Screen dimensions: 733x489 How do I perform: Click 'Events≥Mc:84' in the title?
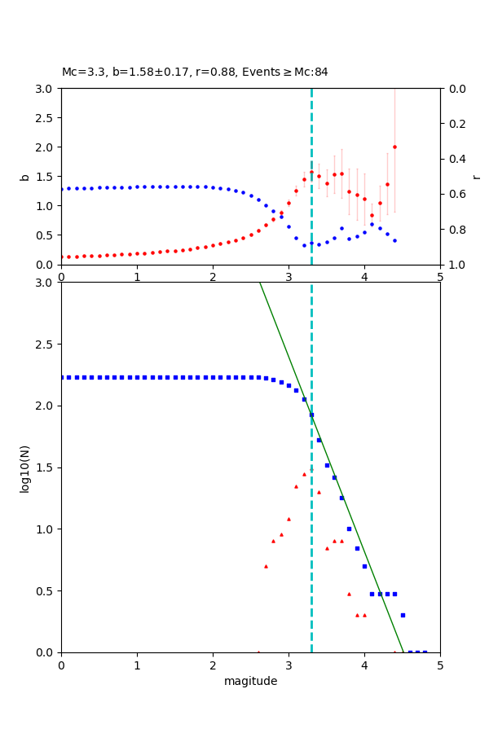coord(285,72)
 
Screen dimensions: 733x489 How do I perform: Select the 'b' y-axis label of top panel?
coord(25,177)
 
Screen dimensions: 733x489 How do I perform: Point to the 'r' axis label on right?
coord(476,177)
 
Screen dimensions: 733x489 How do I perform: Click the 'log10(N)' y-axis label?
coord(25,467)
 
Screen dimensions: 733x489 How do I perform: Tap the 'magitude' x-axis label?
coord(250,682)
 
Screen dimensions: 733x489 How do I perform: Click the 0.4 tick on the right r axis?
coord(456,159)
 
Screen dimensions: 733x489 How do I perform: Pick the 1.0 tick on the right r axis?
coord(456,265)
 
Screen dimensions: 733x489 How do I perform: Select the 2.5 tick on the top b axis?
coord(46,118)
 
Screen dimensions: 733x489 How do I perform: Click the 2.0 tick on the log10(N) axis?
coord(46,406)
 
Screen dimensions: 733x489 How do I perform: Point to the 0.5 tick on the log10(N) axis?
coord(46,591)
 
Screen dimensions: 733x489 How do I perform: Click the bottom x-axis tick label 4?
coord(364,665)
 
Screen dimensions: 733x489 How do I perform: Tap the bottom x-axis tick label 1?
coord(137,665)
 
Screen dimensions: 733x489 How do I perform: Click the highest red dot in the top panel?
coord(394,147)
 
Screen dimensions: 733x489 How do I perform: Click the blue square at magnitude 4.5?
coord(403,615)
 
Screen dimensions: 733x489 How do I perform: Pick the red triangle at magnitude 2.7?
coord(266,566)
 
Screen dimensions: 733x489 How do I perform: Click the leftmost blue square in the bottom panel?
coord(62,377)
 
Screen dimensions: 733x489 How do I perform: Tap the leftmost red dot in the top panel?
coord(62,257)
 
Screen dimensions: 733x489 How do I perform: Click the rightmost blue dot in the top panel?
coord(394,240)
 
